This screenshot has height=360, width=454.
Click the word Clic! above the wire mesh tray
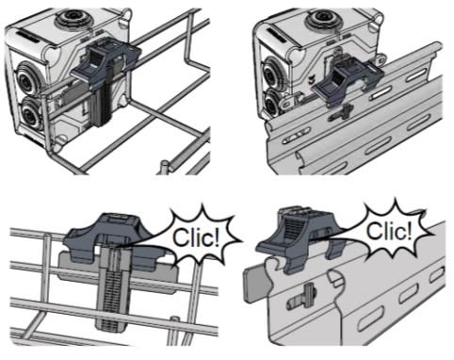(x=196, y=237)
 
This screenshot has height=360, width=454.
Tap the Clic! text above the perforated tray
(x=389, y=231)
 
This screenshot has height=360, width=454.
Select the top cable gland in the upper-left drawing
(x=73, y=17)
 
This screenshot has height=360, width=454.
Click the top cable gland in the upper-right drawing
(x=324, y=18)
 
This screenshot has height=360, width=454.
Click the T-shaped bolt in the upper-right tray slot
(x=342, y=113)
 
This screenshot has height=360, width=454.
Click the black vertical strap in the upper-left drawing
(x=103, y=106)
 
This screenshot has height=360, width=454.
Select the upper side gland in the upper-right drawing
(x=272, y=74)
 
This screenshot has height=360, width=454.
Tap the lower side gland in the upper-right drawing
(x=272, y=103)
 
